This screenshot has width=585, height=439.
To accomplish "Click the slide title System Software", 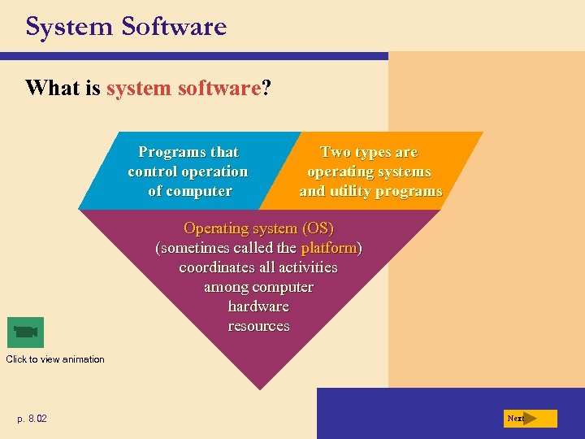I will tap(126, 27).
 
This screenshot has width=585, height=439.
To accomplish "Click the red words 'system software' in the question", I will tap(183, 88).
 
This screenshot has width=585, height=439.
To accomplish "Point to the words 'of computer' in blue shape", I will tap(189, 191).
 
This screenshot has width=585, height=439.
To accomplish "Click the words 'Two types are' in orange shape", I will tap(369, 152).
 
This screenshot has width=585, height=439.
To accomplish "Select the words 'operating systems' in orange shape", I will tap(369, 172).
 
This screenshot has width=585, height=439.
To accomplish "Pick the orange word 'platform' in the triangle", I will tap(329, 248).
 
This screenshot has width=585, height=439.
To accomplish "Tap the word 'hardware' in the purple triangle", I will tap(258, 306).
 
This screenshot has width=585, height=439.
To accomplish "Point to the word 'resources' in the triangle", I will tap(258, 326).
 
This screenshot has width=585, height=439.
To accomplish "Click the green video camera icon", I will tap(25, 332).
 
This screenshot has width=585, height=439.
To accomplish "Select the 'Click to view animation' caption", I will tap(55, 359).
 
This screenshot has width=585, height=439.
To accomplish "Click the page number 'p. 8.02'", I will tap(32, 419).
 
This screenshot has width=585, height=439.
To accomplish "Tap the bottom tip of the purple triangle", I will tap(259, 389).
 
